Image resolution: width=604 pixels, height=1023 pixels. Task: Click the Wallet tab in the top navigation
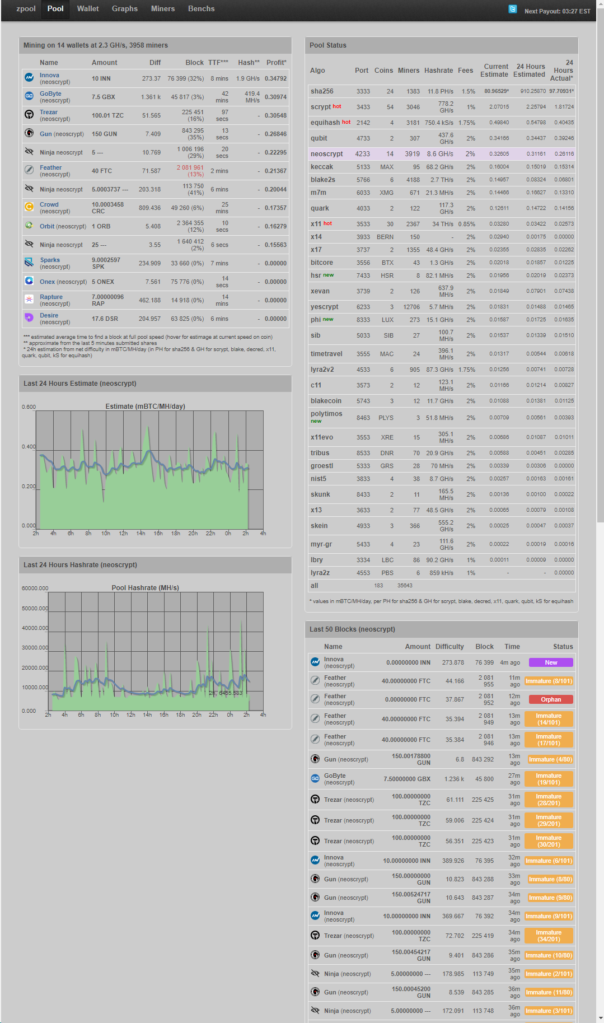[88, 9]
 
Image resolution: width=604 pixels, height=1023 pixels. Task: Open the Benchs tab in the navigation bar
[202, 9]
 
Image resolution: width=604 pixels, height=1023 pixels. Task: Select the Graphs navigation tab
[125, 9]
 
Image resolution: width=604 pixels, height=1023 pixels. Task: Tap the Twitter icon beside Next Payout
[513, 9]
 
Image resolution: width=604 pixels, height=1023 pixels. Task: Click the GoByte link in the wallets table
[50, 94]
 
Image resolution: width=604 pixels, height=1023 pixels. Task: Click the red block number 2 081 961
[190, 167]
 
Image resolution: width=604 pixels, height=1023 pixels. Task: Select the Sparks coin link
[50, 260]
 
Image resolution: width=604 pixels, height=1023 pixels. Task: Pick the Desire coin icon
[29, 317]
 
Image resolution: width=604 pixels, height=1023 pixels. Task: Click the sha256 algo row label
[322, 91]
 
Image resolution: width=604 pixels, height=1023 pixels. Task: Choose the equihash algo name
[325, 123]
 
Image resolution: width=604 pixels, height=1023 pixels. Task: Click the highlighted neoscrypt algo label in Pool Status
[327, 154]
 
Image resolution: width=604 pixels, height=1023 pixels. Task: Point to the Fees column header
[466, 71]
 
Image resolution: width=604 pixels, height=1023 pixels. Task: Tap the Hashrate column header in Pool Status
[439, 71]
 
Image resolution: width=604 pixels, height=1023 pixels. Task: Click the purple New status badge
[551, 662]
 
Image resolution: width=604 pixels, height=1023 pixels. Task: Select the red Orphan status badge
[551, 699]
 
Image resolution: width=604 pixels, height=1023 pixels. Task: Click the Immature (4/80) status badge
[551, 759]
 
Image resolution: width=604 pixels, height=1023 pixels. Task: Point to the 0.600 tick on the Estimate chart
[29, 407]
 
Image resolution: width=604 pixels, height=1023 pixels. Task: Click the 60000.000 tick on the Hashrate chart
[35, 588]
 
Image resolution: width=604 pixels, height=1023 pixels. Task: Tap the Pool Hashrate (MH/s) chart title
[146, 588]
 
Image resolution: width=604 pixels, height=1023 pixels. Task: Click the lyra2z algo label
[320, 573]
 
